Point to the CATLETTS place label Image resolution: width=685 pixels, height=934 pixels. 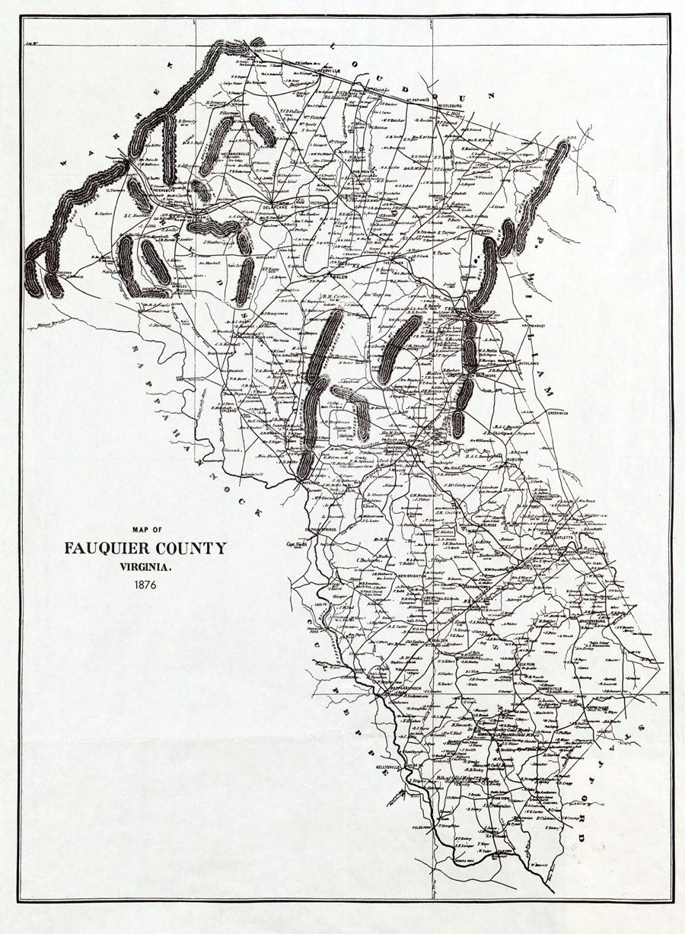(564, 537)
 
